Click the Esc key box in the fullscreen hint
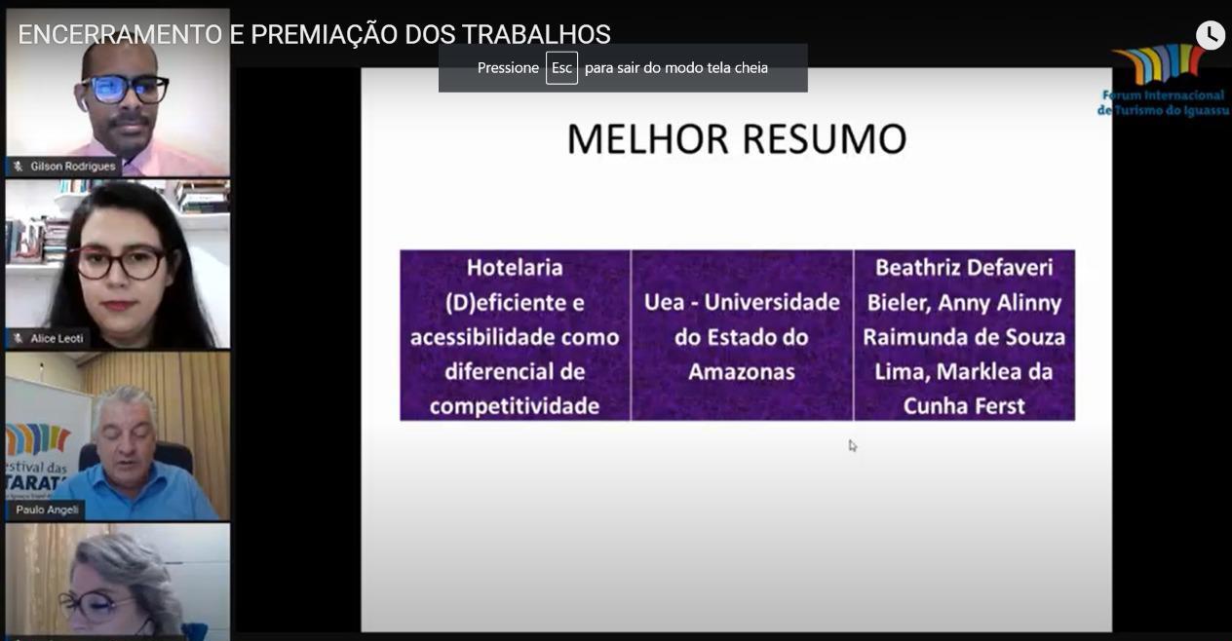pyautogui.click(x=561, y=67)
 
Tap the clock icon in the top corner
pyautogui.click(x=1210, y=35)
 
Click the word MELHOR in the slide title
pyautogui.click(x=648, y=139)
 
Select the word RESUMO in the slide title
pyautogui.click(x=825, y=139)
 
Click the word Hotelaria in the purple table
pyautogui.click(x=515, y=268)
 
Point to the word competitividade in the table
pyautogui.click(x=515, y=407)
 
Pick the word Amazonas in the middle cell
pyautogui.click(x=742, y=372)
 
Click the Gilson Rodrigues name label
pyautogui.click(x=72, y=166)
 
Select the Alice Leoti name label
pyautogui.click(x=57, y=339)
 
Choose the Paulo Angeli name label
pyautogui.click(x=48, y=510)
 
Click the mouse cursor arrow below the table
pyautogui.click(x=853, y=446)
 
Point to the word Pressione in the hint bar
pyautogui.click(x=508, y=67)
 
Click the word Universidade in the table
pyautogui.click(x=772, y=302)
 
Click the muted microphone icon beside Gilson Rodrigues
pyautogui.click(x=19, y=166)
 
